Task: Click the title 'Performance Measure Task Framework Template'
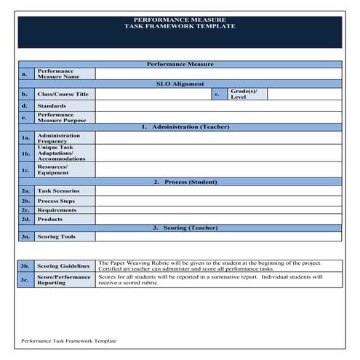(180, 23)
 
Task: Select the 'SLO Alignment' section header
(180, 84)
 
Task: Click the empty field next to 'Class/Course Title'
(153, 94)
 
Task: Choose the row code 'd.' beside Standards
(25, 105)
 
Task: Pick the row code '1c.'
(25, 169)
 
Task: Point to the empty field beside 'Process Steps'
(217, 201)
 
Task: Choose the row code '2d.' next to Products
(25, 219)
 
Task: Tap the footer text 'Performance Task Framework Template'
(68, 340)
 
